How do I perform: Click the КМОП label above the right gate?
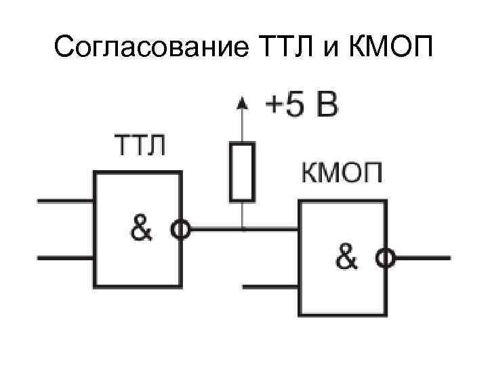pyautogui.click(x=342, y=174)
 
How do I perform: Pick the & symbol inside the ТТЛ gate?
pyautogui.click(x=142, y=230)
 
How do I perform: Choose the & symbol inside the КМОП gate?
pyautogui.click(x=346, y=258)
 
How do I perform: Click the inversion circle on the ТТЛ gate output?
pyautogui.click(x=181, y=230)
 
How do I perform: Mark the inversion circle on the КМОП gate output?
pyautogui.click(x=386, y=258)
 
